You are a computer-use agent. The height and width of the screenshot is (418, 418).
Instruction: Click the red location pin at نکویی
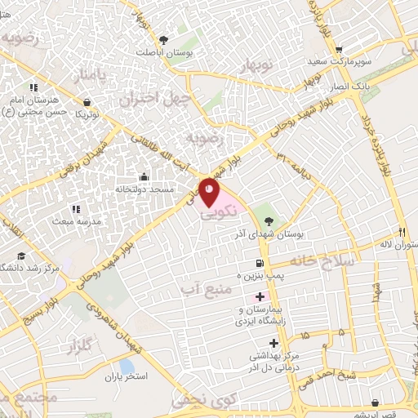coord(210,192)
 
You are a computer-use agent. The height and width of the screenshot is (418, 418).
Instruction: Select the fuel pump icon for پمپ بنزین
coord(260,264)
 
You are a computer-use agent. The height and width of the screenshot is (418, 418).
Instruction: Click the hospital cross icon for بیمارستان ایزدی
coord(260,296)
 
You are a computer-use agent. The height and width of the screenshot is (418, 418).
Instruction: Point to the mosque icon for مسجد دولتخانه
coord(145,176)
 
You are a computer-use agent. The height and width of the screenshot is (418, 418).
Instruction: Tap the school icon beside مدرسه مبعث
coord(76,209)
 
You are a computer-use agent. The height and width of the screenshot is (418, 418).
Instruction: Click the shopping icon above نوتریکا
coord(87,102)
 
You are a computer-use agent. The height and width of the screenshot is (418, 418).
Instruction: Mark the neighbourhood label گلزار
coord(87,349)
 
